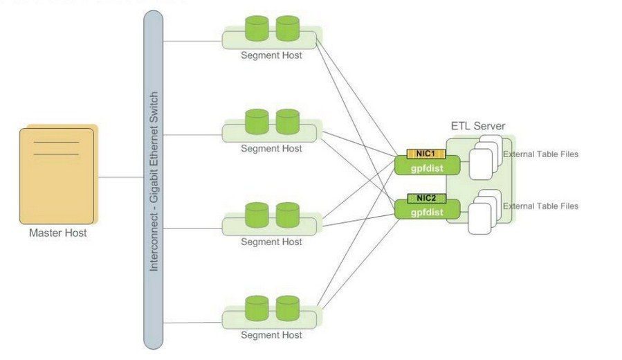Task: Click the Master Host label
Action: tap(58, 233)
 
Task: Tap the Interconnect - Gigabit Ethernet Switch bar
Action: tap(153, 180)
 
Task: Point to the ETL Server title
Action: tap(478, 127)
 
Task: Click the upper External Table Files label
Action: tap(540, 154)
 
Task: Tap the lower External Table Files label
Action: tap(540, 206)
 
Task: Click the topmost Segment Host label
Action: tap(271, 56)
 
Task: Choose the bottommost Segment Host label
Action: tap(271, 335)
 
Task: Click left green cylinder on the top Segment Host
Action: tap(256, 28)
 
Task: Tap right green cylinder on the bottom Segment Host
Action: tap(286, 307)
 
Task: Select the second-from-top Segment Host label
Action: tap(271, 148)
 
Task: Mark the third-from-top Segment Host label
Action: tap(271, 242)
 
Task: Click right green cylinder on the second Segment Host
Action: tap(286, 120)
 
